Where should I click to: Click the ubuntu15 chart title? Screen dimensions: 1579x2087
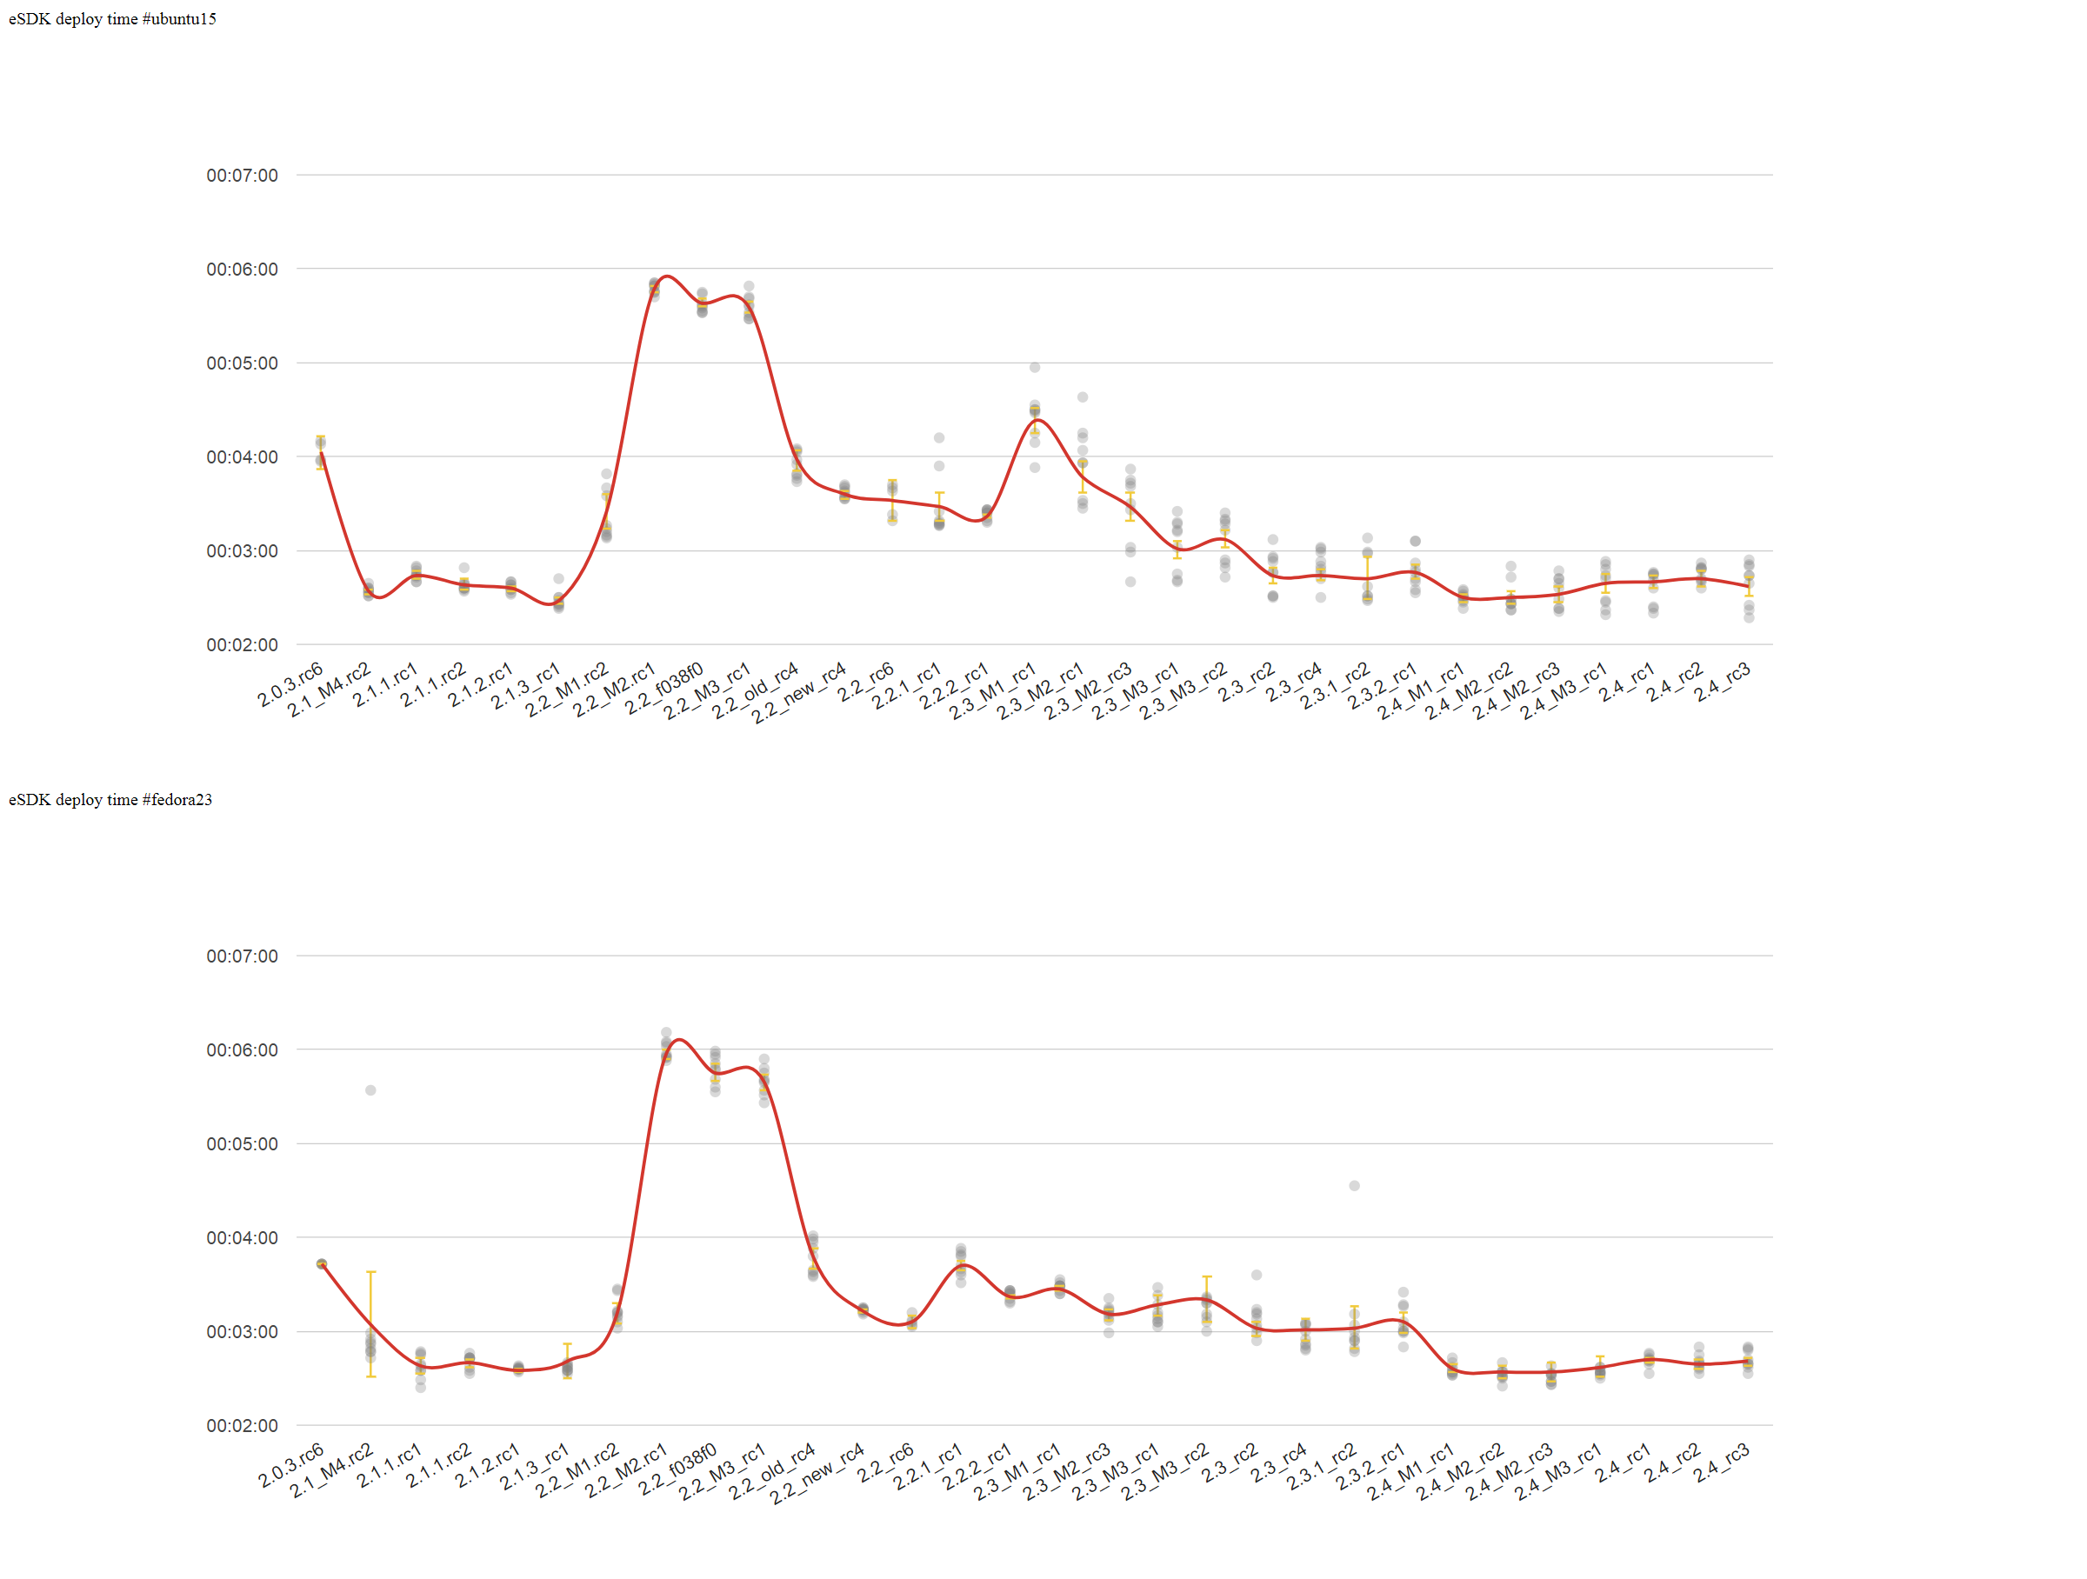[112, 19]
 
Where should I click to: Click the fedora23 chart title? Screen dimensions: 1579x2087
[110, 800]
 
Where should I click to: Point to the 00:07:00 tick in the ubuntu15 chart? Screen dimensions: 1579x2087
[242, 176]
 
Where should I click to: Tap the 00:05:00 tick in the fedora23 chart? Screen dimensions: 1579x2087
[242, 1144]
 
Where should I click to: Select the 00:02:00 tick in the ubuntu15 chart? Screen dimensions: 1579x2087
[242, 645]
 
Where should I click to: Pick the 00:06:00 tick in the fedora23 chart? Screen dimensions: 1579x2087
[242, 1049]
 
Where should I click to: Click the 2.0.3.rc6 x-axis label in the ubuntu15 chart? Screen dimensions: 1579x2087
[290, 686]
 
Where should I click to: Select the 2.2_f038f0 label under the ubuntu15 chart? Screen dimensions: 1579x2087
[664, 690]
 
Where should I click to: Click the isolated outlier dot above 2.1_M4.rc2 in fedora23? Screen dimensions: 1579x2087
[370, 1090]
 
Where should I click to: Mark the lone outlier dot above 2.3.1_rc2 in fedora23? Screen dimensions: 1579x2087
[1354, 1186]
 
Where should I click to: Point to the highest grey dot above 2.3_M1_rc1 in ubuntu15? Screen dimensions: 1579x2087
[1035, 368]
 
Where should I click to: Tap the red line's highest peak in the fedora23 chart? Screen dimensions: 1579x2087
[680, 1039]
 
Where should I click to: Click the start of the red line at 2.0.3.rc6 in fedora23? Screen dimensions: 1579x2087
[322, 1264]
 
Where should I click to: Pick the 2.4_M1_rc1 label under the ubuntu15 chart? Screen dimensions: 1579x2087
[1420, 692]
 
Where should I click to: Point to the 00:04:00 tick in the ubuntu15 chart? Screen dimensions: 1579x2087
[242, 457]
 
